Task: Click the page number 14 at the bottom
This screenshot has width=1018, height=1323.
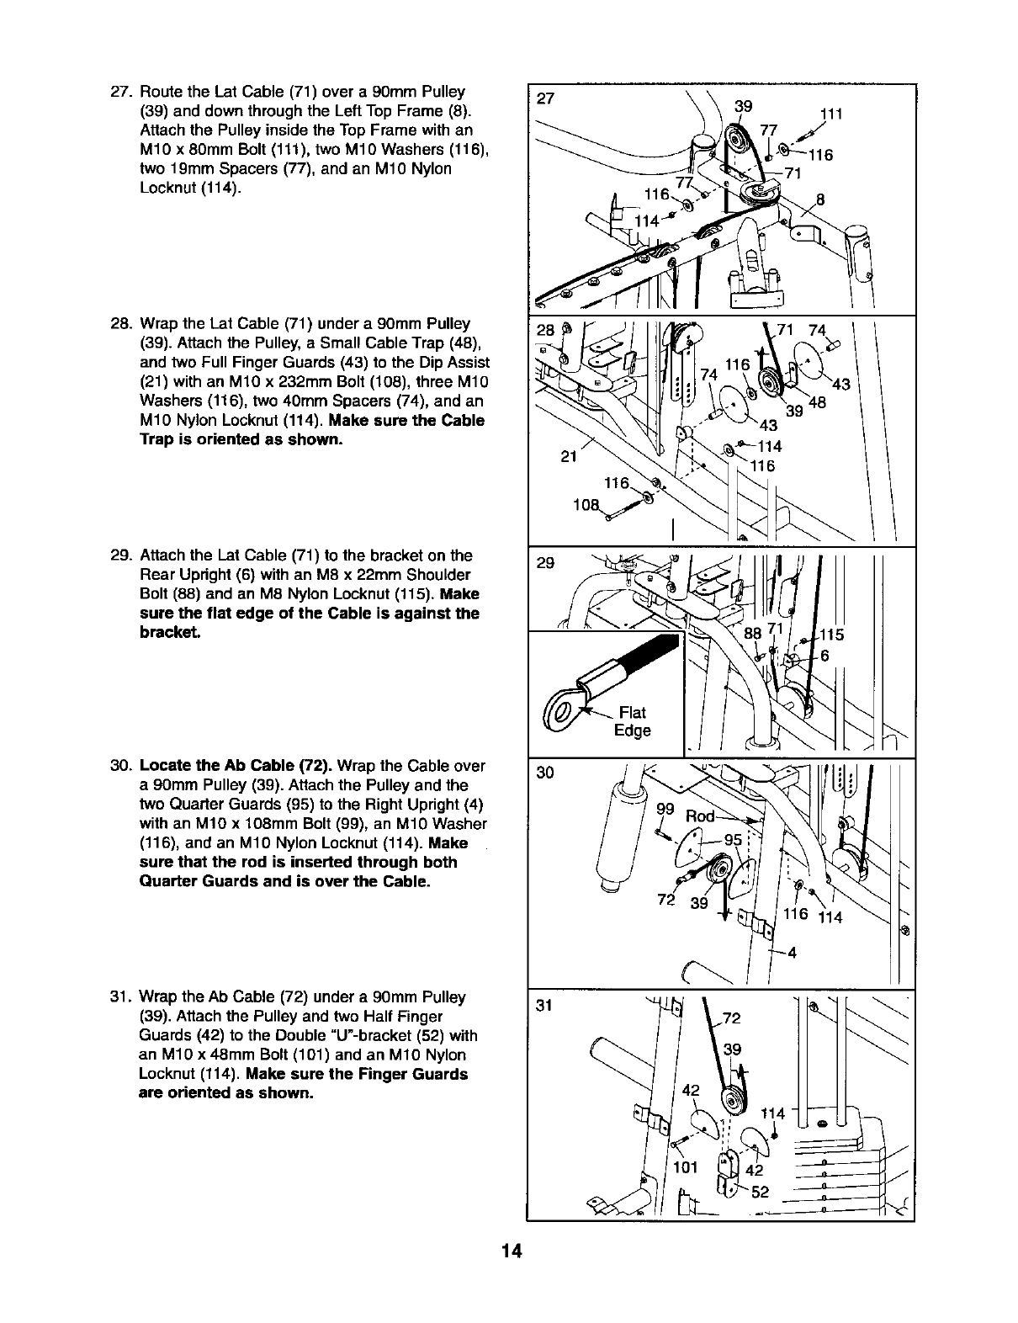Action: click(510, 1251)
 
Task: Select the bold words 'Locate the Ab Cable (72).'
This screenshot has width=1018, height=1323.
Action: click(222, 767)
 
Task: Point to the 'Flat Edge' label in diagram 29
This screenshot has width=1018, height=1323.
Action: click(632, 722)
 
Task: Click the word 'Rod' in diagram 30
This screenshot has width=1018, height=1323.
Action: click(700, 816)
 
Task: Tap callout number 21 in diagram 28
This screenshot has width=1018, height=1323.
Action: click(569, 457)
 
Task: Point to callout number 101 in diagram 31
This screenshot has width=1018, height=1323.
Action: click(686, 1167)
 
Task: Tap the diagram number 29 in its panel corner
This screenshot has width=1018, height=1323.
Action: click(545, 563)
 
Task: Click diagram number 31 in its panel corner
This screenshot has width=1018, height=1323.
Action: click(546, 1006)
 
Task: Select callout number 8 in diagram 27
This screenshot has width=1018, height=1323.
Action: click(821, 200)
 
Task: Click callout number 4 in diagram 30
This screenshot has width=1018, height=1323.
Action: click(792, 954)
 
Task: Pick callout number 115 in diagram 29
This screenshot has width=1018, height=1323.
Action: click(833, 635)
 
